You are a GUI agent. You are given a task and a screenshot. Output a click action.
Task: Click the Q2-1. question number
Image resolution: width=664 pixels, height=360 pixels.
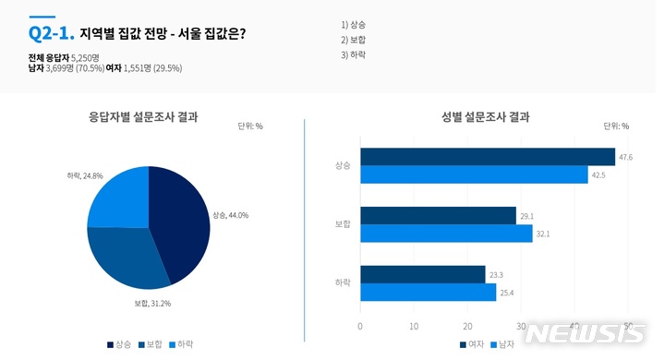point(51,33)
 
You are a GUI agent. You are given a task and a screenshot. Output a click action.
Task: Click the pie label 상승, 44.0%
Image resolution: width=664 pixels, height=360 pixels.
point(231,215)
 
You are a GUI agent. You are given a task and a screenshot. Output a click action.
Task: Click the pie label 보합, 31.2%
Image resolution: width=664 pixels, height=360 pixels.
point(152,303)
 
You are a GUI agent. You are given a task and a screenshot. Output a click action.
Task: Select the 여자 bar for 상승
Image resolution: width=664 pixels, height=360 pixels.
point(487,157)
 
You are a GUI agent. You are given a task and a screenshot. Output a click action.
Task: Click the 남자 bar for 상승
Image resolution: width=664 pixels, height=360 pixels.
point(473,174)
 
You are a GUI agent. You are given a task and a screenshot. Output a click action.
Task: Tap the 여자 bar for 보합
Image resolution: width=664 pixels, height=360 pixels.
point(438,216)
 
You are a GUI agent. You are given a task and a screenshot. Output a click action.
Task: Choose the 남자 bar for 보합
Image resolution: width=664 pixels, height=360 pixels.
point(446,234)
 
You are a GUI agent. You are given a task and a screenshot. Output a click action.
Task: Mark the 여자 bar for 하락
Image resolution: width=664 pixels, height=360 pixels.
point(422,274)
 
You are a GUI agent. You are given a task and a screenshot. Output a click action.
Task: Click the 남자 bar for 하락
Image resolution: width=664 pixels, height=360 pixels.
point(428,292)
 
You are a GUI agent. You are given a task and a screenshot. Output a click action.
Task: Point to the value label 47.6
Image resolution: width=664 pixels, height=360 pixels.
point(625,158)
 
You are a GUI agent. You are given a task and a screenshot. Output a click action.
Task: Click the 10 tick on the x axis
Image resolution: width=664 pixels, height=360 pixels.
point(414,326)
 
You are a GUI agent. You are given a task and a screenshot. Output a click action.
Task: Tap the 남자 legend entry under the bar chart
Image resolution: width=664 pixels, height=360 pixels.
point(502,344)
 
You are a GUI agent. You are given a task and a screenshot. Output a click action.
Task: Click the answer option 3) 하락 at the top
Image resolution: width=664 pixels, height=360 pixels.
point(354,56)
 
